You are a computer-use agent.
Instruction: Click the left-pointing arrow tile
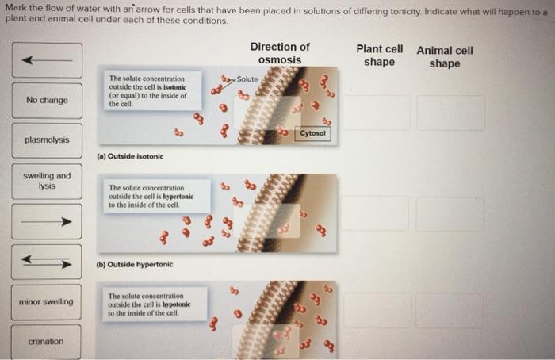point(47,60)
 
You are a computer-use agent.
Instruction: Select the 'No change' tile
point(47,101)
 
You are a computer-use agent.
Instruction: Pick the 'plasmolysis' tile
point(47,140)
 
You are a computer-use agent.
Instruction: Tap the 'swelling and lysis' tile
point(47,181)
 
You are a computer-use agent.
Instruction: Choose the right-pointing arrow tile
point(46,221)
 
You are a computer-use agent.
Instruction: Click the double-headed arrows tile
point(46,262)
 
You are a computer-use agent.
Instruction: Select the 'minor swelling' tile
point(46,302)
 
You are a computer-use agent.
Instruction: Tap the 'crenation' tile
point(46,342)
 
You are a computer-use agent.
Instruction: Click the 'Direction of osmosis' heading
point(280,53)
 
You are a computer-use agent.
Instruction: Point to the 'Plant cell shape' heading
point(380,56)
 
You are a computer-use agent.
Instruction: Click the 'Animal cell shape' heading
point(445,56)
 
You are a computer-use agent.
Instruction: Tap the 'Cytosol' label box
point(312,133)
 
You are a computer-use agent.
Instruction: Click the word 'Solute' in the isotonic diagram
point(247,79)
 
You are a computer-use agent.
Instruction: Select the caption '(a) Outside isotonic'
point(130,156)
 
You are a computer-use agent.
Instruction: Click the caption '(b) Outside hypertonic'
point(135,264)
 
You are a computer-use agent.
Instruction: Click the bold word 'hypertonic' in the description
point(178,197)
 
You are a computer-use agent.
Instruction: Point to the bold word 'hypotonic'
point(176,304)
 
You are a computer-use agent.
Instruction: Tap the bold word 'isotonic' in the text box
point(175,87)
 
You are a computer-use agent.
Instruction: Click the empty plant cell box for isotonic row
point(377,113)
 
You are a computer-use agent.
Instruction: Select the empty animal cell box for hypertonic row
point(450,214)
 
